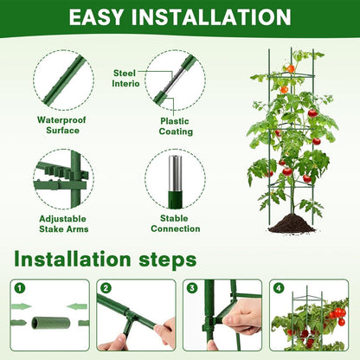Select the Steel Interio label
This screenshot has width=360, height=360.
[128, 78]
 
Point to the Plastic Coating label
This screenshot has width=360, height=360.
[174, 126]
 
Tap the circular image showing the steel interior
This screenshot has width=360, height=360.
[175, 80]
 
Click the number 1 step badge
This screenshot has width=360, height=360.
[19, 288]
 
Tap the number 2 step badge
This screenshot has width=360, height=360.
[106, 288]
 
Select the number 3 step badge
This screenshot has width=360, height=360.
[192, 288]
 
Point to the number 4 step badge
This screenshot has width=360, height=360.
[279, 288]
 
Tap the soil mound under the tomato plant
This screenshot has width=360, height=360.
[291, 224]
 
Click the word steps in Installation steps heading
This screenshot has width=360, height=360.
[161, 260]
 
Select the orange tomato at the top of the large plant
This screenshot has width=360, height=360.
[292, 68]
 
